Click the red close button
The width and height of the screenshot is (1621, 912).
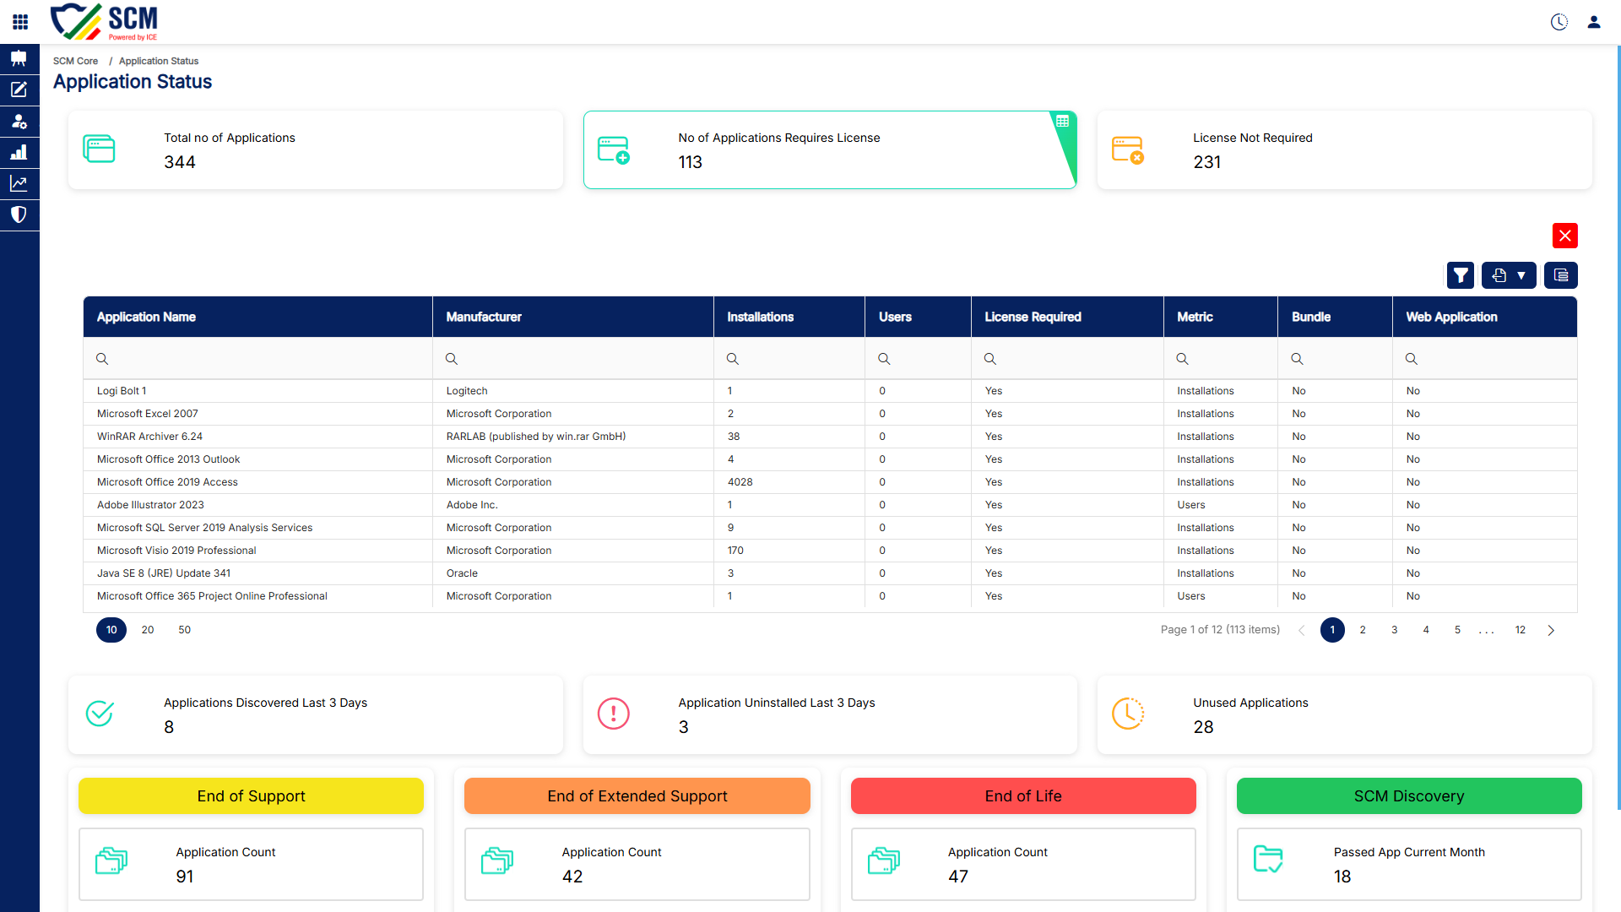(x=1564, y=236)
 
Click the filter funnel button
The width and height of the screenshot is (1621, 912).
(x=1461, y=275)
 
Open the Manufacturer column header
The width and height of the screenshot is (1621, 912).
(x=484, y=317)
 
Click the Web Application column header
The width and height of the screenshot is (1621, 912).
(x=1451, y=317)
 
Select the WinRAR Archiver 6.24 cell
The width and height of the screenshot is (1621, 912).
(x=149, y=437)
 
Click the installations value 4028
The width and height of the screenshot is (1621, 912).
(x=740, y=482)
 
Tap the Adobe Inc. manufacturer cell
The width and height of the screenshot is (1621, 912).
(x=472, y=505)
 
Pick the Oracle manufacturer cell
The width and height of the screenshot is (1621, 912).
(x=462, y=573)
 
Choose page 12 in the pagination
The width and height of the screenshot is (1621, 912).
(x=1520, y=630)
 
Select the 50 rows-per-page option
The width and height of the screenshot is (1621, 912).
(x=184, y=630)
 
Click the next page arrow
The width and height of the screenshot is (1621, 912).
(x=1551, y=630)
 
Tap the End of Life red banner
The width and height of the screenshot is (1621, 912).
(x=1023, y=796)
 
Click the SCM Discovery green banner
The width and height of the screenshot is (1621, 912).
(x=1409, y=796)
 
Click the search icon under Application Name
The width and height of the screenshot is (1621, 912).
(x=102, y=359)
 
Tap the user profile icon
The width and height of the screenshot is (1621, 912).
(x=1594, y=22)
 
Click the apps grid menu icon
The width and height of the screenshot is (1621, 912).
(x=20, y=22)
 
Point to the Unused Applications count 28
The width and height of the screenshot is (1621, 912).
(x=1203, y=727)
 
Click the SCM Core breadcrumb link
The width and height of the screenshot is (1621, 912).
(x=75, y=61)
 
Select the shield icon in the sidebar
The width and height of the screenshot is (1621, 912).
(x=19, y=214)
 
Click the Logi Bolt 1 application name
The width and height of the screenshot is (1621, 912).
(x=122, y=391)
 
